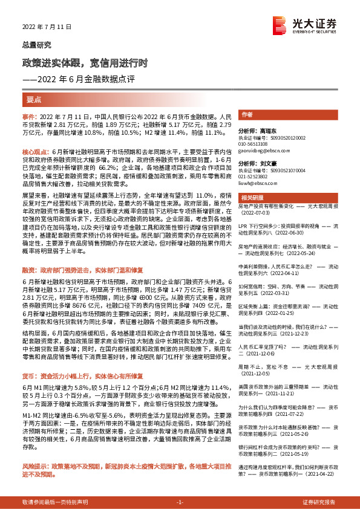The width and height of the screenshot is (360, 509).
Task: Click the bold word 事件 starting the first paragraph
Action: pyautogui.click(x=28, y=115)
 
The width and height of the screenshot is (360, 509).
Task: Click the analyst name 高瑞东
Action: pyautogui.click(x=270, y=130)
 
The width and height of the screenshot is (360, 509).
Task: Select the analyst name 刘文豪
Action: pyautogui.click(x=270, y=163)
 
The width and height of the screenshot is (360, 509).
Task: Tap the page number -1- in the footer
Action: pyautogui.click(x=179, y=502)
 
